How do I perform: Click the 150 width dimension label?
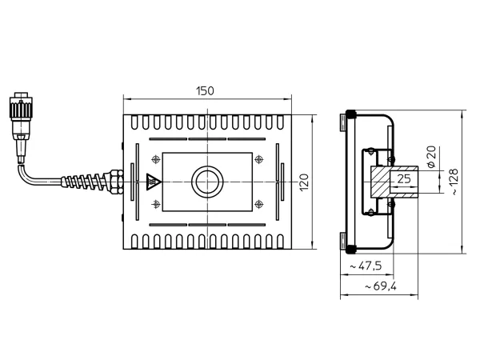click(205, 91)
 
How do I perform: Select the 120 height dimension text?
click(304, 182)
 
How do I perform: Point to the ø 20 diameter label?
click(431, 157)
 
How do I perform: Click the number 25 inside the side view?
click(404, 178)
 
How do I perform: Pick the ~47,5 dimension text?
click(366, 266)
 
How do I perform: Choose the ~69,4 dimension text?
click(381, 286)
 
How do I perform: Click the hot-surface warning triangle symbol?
click(154, 182)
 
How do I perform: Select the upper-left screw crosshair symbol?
click(156, 159)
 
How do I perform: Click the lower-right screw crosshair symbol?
click(259, 204)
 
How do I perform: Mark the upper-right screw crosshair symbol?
click(259, 159)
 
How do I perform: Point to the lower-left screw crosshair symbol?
click(156, 204)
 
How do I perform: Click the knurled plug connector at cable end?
click(21, 108)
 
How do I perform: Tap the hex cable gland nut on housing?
click(116, 182)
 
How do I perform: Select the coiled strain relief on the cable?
click(83, 182)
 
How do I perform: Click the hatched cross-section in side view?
click(381, 182)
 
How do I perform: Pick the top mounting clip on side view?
click(343, 122)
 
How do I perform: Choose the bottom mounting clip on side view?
click(343, 242)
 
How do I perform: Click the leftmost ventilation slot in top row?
click(134, 122)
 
